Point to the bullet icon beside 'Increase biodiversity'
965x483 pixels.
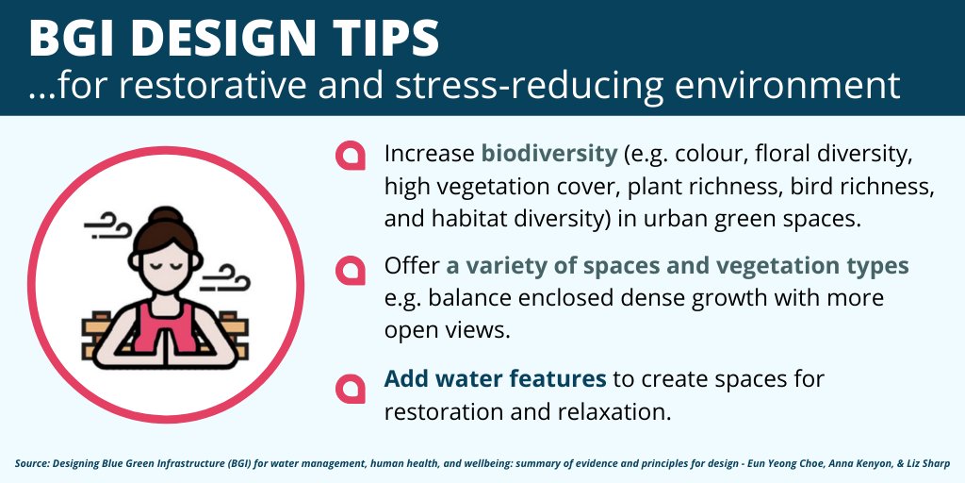pyautogui.click(x=351, y=156)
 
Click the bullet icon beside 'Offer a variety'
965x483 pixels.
pyautogui.click(x=351, y=269)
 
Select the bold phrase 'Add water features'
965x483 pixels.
pyautogui.click(x=495, y=379)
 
